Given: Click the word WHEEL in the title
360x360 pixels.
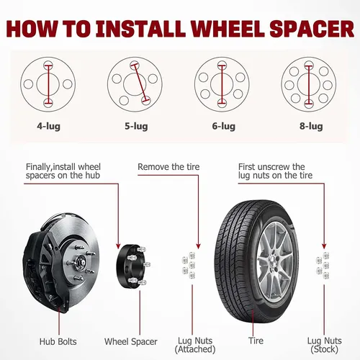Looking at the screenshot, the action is pyautogui.click(x=228, y=29).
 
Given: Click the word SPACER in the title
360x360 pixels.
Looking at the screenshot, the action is pyautogui.click(x=312, y=29).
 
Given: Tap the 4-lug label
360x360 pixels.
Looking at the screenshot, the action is pyautogui.click(x=48, y=126).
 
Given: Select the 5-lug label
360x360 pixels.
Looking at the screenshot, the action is pyautogui.click(x=136, y=126).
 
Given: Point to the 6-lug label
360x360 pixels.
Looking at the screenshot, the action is pyautogui.click(x=224, y=126).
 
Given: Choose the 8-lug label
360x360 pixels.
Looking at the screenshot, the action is pyautogui.click(x=311, y=126).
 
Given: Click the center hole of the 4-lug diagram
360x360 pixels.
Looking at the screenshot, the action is pyautogui.click(x=48, y=84).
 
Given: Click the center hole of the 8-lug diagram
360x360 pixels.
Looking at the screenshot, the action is pyautogui.click(x=309, y=84).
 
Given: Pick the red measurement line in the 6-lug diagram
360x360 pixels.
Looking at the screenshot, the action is pyautogui.click(x=222, y=84).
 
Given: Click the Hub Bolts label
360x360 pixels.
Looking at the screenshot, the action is pyautogui.click(x=58, y=341).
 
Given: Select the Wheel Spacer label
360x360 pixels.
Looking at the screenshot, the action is pyautogui.click(x=131, y=341).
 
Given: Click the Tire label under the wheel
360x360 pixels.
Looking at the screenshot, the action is pyautogui.click(x=256, y=341).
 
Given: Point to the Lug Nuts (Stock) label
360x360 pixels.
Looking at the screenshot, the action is pyautogui.click(x=325, y=345).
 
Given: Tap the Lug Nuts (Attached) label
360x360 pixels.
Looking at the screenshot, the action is pyautogui.click(x=195, y=345).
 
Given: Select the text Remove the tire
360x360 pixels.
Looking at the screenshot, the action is pyautogui.click(x=168, y=167).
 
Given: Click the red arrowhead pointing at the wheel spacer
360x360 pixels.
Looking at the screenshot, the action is pyautogui.click(x=118, y=246).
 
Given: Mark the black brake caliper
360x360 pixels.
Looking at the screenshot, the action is pyautogui.click(x=45, y=269).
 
